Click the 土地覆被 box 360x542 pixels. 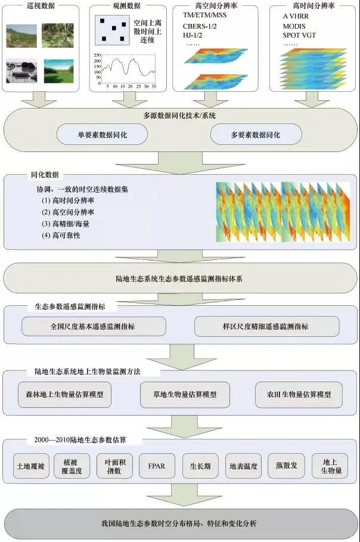[31, 466]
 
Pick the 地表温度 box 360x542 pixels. [243, 466]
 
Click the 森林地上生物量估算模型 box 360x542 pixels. [64, 395]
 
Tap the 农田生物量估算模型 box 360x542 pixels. [300, 395]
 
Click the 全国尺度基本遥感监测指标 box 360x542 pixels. [94, 327]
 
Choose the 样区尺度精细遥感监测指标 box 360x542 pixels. [266, 327]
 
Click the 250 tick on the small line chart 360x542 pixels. [98, 55]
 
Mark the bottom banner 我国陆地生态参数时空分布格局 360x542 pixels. [179, 523]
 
